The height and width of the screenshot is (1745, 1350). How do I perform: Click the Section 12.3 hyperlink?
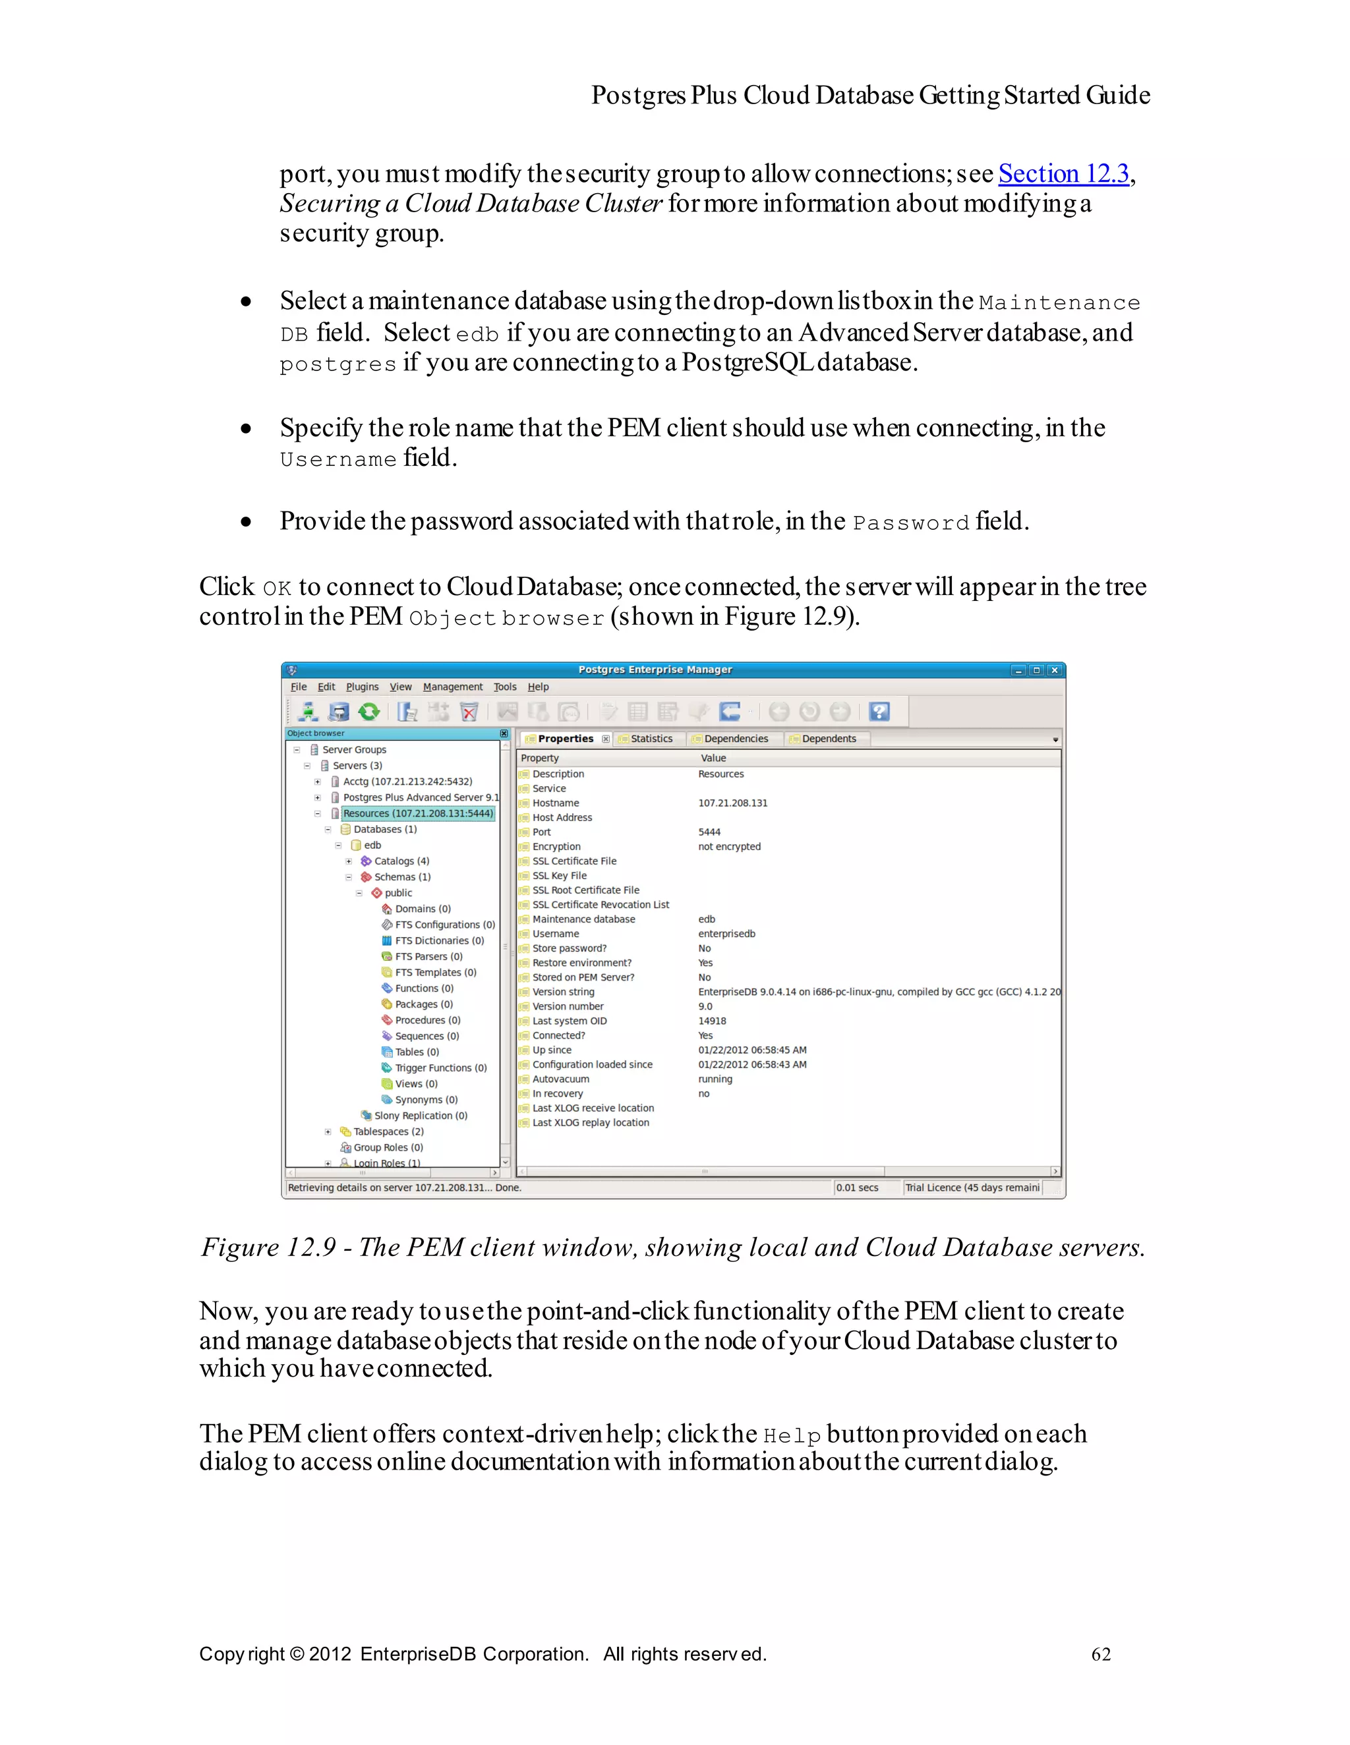point(1063,173)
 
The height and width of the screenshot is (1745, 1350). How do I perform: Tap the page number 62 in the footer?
point(1101,1653)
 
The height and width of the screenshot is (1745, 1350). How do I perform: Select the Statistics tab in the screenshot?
point(651,738)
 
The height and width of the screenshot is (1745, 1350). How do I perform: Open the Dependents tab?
point(828,738)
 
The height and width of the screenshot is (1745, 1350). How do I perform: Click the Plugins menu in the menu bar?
point(362,686)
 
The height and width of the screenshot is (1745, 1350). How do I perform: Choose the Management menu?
point(452,686)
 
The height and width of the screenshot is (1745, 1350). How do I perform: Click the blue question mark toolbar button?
point(879,711)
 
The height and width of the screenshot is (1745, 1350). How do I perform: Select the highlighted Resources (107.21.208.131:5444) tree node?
point(417,813)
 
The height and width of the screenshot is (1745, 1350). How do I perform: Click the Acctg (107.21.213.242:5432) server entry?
point(407,782)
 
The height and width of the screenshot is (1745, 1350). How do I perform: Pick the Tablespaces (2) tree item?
point(388,1131)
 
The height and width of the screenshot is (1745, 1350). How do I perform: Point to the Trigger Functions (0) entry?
point(440,1068)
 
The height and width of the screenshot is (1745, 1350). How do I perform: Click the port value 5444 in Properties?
point(709,832)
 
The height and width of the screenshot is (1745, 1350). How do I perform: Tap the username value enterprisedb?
point(726,933)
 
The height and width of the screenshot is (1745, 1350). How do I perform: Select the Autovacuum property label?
point(560,1079)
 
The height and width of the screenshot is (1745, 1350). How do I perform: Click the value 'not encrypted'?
point(729,846)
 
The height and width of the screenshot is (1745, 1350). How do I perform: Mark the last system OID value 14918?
point(711,1020)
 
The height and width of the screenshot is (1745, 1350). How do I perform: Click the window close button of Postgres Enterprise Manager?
point(1054,670)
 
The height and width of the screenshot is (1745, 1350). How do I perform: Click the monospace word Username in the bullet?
point(338,459)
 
